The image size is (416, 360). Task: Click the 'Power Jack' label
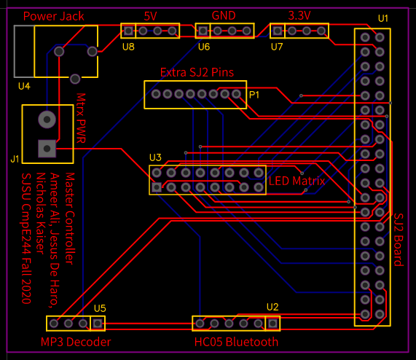(x=54, y=17)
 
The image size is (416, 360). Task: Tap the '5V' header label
(x=150, y=17)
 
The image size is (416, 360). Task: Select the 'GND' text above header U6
(x=224, y=15)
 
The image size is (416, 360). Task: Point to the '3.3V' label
(x=299, y=16)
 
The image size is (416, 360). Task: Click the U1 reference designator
(x=383, y=18)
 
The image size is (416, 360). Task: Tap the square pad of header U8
(x=128, y=31)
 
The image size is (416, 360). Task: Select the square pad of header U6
(x=203, y=31)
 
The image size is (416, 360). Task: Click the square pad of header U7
(x=278, y=31)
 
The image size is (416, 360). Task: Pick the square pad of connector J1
(x=47, y=149)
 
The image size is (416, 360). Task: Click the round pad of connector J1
(x=47, y=120)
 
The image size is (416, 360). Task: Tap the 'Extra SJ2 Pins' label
(x=197, y=72)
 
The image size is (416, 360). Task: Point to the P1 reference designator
(x=254, y=95)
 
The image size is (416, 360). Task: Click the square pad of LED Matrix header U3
(x=157, y=187)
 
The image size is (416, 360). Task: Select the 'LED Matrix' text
(x=297, y=181)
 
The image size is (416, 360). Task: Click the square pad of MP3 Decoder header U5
(x=98, y=324)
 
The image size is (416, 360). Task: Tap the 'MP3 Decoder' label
(x=76, y=342)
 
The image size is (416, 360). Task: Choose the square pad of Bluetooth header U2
(x=272, y=324)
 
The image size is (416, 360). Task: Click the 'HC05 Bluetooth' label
(x=236, y=342)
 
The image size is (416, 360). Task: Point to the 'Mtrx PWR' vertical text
(x=81, y=118)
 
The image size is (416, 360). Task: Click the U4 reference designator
(x=24, y=86)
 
